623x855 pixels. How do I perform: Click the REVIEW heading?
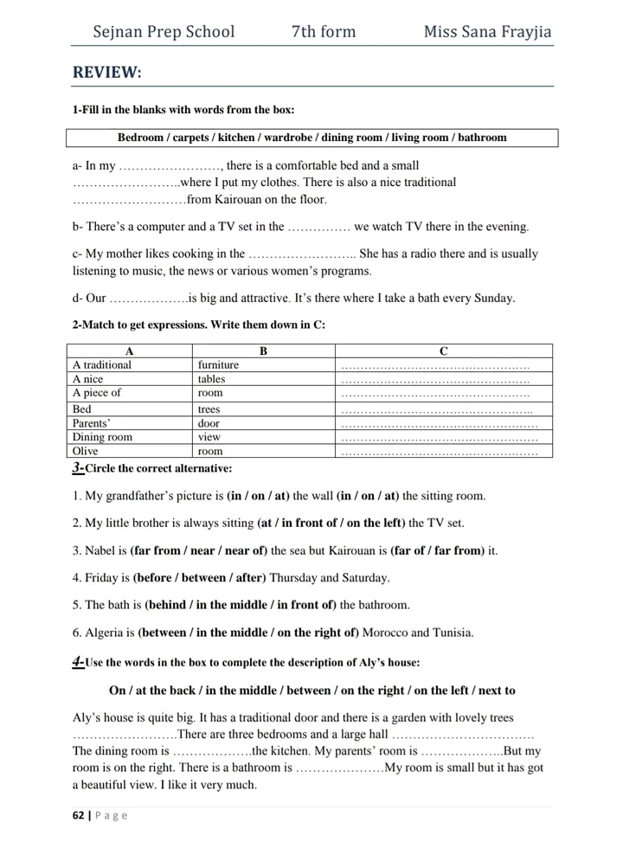coord(106,72)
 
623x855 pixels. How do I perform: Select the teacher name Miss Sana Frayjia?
coord(487,33)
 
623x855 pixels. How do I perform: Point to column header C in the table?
coord(442,350)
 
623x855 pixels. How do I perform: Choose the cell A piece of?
coord(97,392)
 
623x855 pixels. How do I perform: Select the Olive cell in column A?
coord(86,451)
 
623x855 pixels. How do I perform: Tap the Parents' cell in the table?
coord(92,424)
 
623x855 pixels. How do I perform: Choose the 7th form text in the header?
coord(324,33)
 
